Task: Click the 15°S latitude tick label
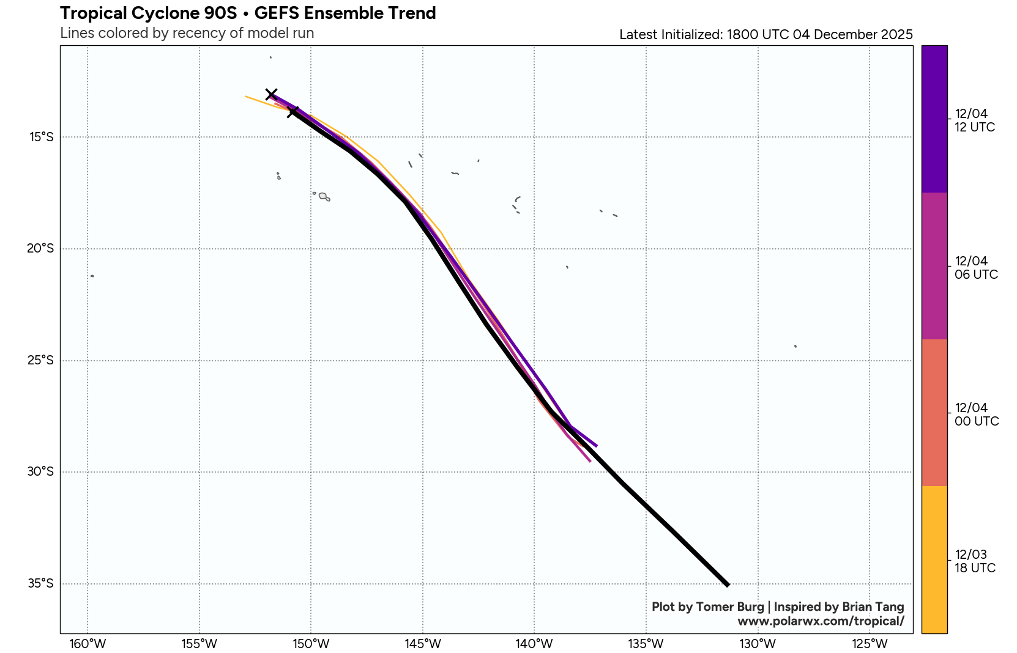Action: pos(41,137)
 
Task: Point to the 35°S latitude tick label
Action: pos(40,584)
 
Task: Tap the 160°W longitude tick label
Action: pos(88,644)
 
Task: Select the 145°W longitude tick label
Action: pos(423,644)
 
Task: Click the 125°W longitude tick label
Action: pos(870,644)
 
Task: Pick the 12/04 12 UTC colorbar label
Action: pos(974,120)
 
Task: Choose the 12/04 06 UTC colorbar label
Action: pos(975,268)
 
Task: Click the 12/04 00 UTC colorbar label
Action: pos(976,415)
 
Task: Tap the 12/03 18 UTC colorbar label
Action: pos(974,561)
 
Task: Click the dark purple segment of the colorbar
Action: pos(934,119)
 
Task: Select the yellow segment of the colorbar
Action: pos(934,559)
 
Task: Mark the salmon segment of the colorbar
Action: pos(934,413)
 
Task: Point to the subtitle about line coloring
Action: pos(187,33)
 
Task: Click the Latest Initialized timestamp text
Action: pos(766,35)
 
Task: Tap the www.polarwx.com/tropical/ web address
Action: pos(820,621)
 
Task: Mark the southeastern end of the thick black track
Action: pos(728,585)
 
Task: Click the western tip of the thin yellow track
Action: pos(246,97)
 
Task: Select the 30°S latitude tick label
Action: pos(40,472)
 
